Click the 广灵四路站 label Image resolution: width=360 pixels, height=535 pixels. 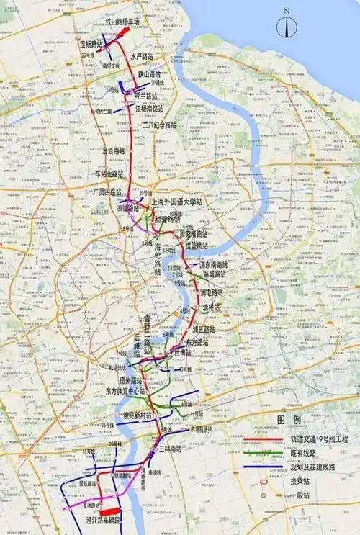(107, 192)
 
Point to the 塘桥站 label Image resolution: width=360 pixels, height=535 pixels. (212, 306)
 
